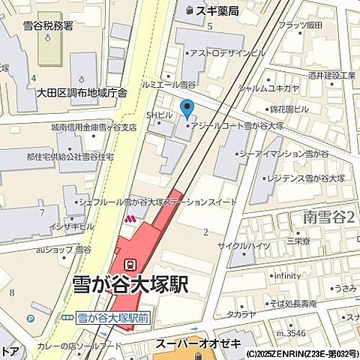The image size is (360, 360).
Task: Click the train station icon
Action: click(130, 265)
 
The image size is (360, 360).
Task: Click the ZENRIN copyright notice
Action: click(301, 353)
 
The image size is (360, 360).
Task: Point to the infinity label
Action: click(287, 275)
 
